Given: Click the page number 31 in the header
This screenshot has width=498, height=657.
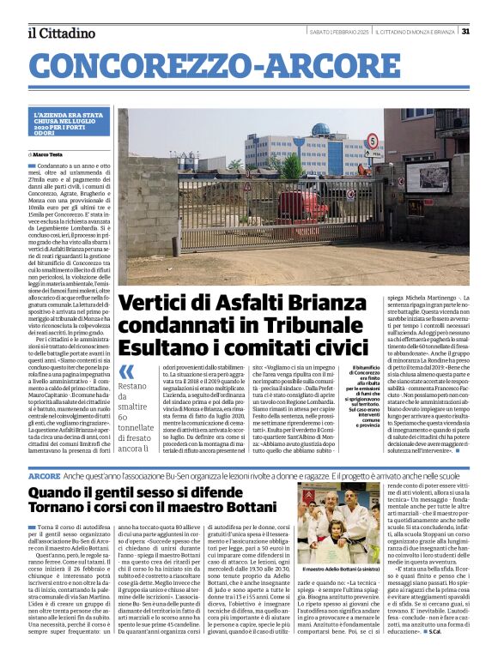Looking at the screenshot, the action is (x=465, y=32).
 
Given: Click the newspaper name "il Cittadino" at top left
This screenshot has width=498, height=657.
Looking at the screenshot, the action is (x=61, y=33).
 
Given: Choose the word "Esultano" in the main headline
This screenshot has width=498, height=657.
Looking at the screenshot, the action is (x=161, y=348).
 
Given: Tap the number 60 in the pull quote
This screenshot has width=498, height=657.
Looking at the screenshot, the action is (x=125, y=416).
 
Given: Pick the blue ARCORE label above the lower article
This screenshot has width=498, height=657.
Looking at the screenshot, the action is (x=44, y=475).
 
